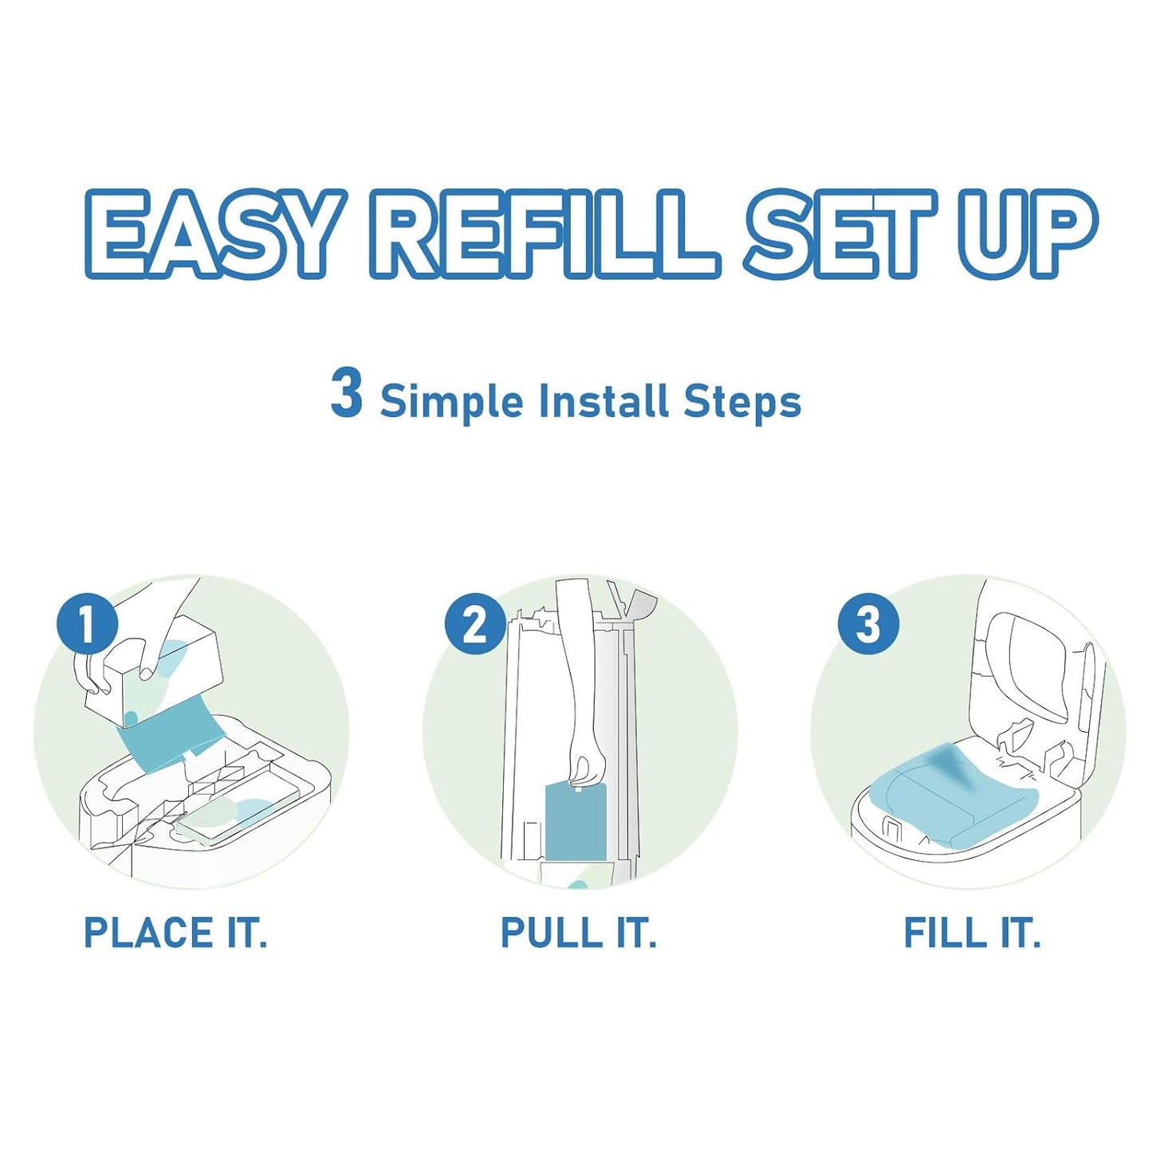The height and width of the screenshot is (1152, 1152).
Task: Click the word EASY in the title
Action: [x=209, y=235]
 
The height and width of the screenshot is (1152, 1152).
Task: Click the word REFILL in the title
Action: [x=544, y=235]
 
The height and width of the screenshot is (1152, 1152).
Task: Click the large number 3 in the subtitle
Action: [x=346, y=395]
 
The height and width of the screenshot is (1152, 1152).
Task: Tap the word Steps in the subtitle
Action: [x=742, y=401]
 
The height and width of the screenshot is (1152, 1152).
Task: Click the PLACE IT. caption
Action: [x=175, y=933]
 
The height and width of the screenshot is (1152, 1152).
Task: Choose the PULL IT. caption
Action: [x=578, y=933]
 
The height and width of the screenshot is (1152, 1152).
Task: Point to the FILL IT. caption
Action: [x=972, y=933]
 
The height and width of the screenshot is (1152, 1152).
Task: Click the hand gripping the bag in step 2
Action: [x=588, y=769]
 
